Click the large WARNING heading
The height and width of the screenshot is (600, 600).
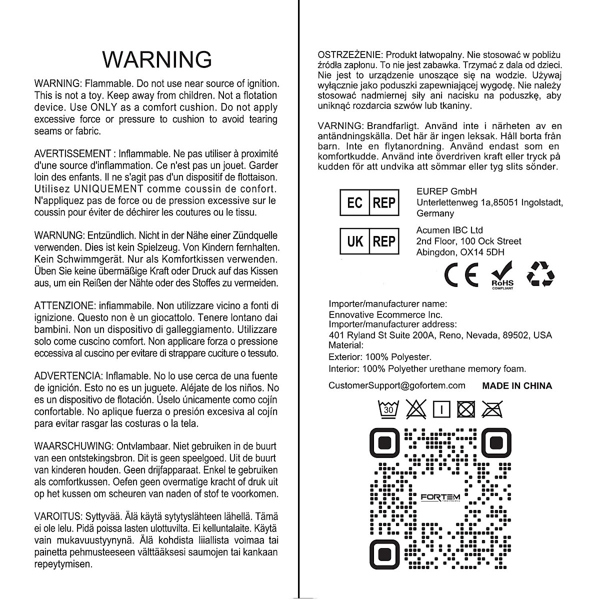(157, 59)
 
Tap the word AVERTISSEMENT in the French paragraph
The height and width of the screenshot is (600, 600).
(72, 153)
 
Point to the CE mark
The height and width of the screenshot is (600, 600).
(461, 275)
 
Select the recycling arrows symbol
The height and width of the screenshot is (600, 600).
(540, 274)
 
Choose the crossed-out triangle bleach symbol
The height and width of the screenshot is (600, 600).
(415, 409)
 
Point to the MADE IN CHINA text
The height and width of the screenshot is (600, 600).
(517, 386)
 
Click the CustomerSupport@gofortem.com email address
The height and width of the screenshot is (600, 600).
(397, 385)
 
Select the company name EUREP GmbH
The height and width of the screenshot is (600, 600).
(446, 191)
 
